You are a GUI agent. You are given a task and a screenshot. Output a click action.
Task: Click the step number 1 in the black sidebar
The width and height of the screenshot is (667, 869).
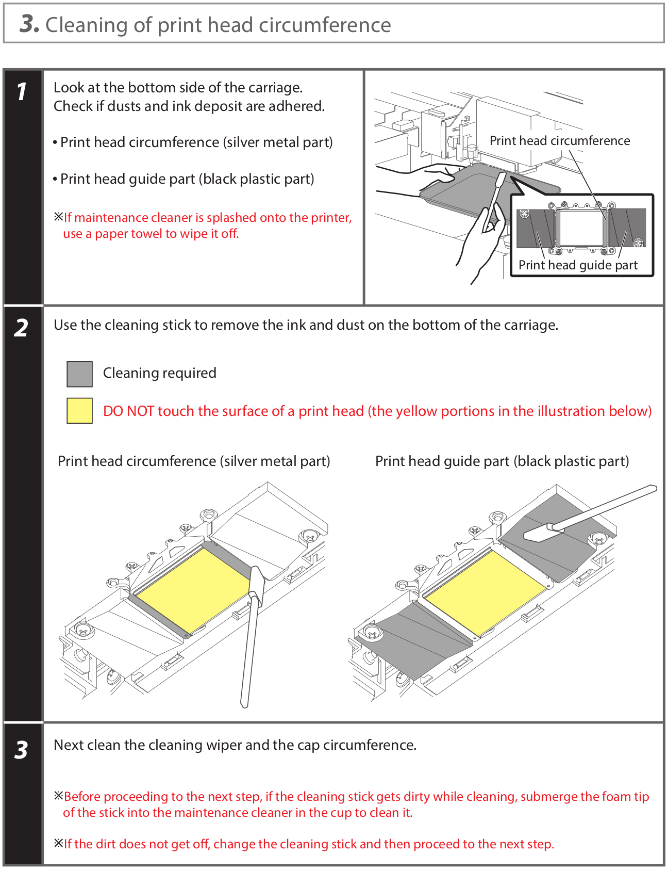click(x=21, y=92)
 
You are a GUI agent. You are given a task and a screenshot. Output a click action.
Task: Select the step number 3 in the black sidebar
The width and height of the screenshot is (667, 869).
click(x=21, y=750)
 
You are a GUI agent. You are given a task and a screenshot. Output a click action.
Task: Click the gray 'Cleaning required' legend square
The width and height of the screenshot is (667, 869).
click(x=79, y=374)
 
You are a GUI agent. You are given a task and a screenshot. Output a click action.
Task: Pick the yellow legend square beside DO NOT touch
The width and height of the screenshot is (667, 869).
click(x=79, y=411)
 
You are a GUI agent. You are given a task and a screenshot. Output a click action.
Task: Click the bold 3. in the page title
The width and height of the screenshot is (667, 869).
click(x=29, y=24)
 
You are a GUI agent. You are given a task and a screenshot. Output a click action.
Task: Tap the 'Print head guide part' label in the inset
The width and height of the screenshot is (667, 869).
click(x=577, y=265)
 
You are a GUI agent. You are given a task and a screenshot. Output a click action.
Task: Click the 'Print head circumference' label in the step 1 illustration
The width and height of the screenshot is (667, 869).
click(x=559, y=141)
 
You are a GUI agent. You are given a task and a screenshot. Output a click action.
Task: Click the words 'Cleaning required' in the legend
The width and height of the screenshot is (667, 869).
click(x=159, y=373)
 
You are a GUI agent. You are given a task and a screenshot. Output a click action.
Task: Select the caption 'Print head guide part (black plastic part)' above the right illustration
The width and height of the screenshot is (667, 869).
click(x=502, y=461)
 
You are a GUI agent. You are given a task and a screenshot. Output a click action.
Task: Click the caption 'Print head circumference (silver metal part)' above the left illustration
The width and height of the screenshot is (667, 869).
click(x=194, y=461)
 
